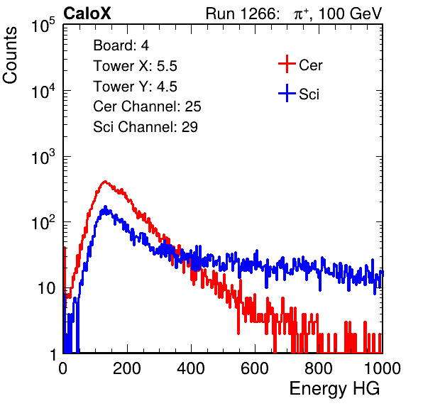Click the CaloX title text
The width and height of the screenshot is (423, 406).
coord(87,13)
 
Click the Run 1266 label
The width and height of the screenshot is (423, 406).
coord(242,13)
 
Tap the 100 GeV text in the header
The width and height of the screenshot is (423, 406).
coord(350,13)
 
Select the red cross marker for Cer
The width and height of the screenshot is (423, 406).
coord(287,64)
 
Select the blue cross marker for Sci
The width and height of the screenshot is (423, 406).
coord(287,93)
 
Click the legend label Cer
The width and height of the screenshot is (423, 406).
coord(311,65)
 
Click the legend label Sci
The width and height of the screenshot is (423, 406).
coord(309,94)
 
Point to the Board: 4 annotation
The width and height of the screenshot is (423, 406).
coord(121,45)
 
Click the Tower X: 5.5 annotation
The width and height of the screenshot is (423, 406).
coord(135,65)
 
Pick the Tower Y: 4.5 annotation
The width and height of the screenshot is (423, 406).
coord(135,86)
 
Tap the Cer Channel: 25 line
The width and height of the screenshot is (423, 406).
coord(147,106)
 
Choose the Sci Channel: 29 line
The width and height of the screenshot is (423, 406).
coord(145,126)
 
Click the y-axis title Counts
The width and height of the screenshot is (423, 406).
coord(10,55)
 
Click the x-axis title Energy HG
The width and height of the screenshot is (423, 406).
coord(334,389)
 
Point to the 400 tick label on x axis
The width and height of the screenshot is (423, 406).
coord(191,368)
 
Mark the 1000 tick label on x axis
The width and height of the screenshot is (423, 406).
coord(383,368)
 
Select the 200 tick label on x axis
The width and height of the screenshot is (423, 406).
coord(127,368)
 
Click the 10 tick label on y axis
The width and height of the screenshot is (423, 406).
coord(47,288)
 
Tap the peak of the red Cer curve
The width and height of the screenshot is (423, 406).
coord(105,182)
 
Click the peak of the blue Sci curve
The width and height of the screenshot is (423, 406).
coord(105,207)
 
